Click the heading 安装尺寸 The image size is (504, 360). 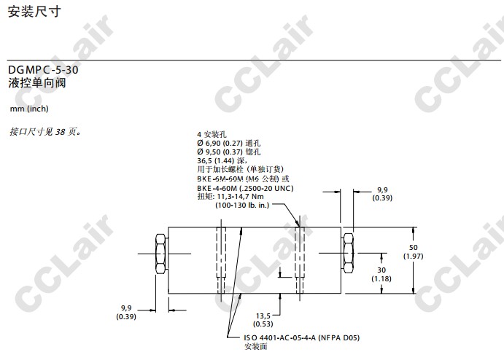[34, 12]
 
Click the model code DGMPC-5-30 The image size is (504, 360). [43, 70]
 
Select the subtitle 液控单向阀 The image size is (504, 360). [37, 83]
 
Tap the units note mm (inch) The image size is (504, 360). [29, 109]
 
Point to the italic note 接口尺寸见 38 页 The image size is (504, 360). [45, 132]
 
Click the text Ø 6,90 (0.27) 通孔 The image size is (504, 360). [228, 144]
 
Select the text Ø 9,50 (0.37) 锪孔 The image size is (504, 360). [228, 152]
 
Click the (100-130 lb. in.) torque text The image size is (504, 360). [242, 206]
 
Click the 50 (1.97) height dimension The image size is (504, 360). [414, 251]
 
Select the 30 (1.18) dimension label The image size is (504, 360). [381, 274]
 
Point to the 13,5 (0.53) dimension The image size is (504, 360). [263, 320]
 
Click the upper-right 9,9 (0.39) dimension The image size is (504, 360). [382, 194]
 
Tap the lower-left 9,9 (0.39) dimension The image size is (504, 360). [126, 312]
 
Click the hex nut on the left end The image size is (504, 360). [160, 254]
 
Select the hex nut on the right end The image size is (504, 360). [349, 253]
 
